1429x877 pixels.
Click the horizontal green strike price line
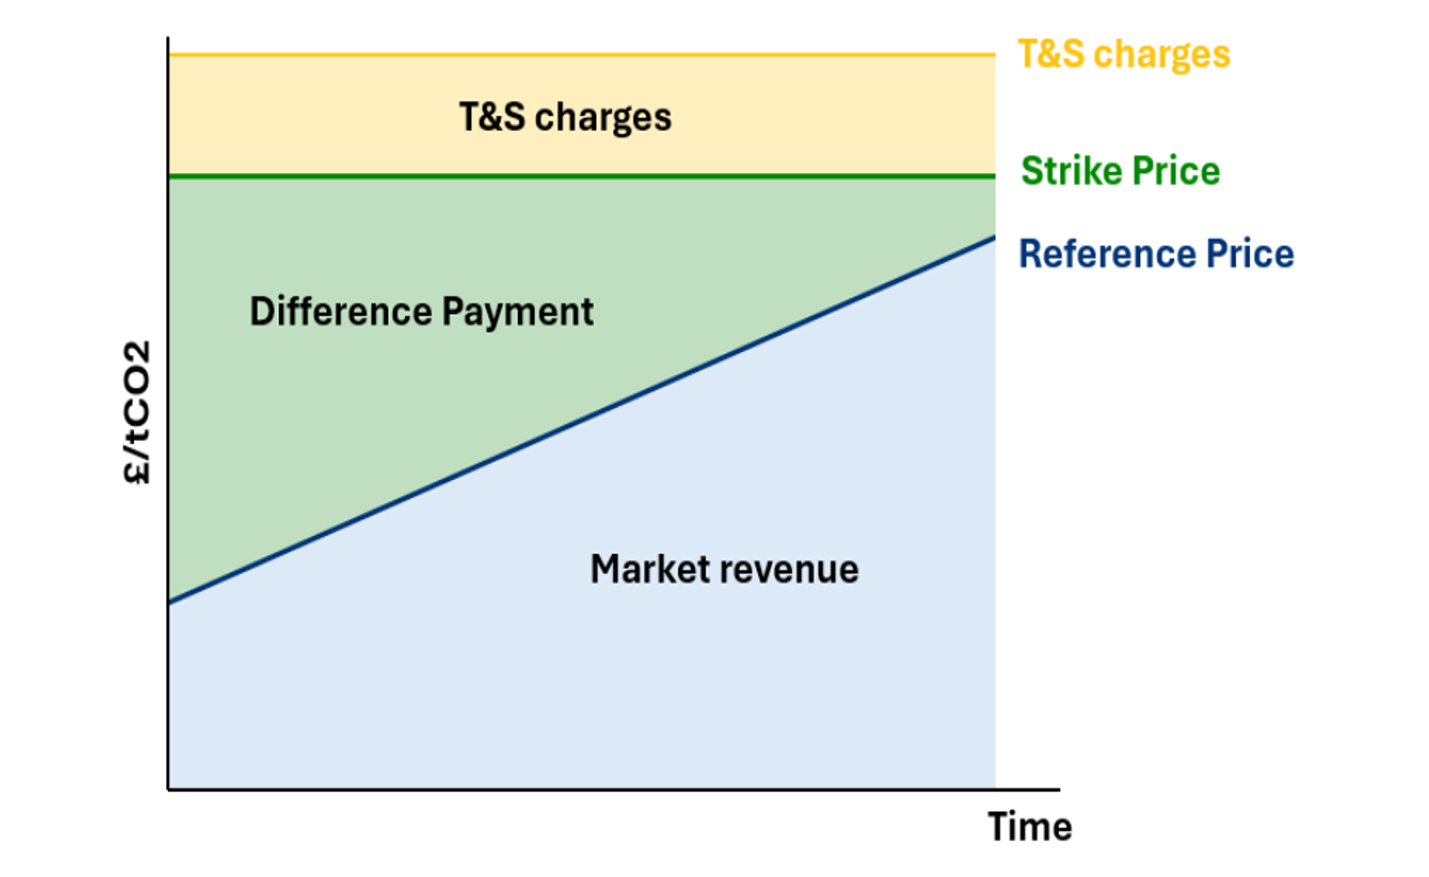click(580, 176)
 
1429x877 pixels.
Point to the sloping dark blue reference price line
click(580, 419)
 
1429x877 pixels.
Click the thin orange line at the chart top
click(580, 54)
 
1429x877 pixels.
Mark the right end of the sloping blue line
click(993, 237)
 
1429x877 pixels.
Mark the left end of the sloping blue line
click(170, 602)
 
